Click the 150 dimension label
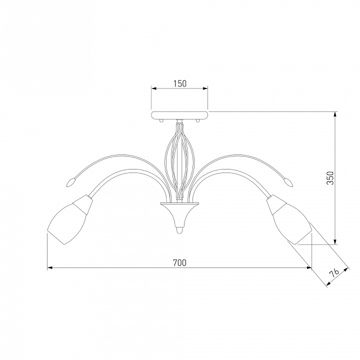coord(180,83)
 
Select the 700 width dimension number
coord(179,262)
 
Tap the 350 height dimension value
coord(330,178)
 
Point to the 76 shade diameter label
coord(334,273)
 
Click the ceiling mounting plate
coord(180,115)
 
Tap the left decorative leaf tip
coord(70,183)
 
